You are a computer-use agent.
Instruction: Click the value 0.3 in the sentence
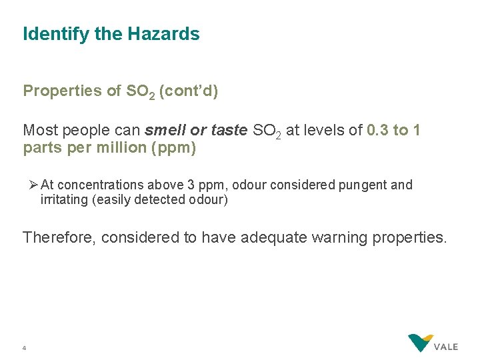378,130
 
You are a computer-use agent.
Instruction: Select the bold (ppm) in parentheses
175,148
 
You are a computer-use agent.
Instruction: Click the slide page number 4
24,347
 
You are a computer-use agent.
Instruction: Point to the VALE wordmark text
445,347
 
